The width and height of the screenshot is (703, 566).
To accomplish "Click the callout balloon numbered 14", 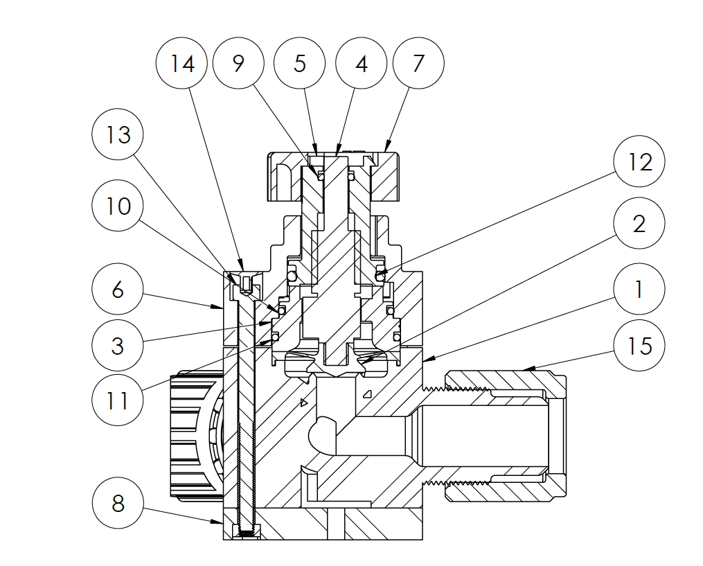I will [182, 64].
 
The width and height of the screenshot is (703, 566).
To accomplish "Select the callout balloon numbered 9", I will [239, 64].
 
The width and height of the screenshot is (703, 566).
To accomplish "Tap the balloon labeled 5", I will [300, 64].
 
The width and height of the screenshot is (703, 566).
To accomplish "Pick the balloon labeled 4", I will [361, 64].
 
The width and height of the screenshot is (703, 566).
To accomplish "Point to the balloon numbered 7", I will [418, 64].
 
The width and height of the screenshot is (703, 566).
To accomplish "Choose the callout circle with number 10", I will [118, 206].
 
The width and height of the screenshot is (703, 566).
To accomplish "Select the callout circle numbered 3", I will [118, 344].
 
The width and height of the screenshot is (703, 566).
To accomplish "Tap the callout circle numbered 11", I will [118, 399].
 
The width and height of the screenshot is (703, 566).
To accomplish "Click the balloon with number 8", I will [118, 503].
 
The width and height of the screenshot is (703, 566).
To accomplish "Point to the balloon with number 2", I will [639, 223].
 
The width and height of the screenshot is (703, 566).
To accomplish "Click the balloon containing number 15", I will [639, 344].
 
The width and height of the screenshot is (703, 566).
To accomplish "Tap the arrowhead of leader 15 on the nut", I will [526, 369].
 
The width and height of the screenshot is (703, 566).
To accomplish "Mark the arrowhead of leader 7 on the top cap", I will [382, 150].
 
